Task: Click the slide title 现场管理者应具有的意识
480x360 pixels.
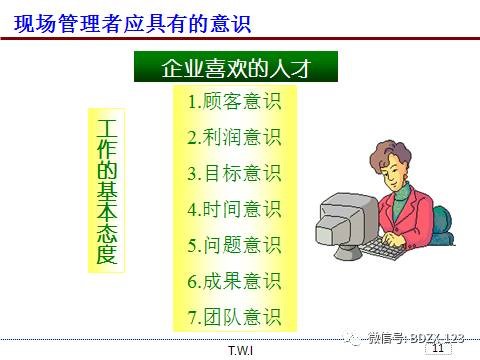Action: click(125, 19)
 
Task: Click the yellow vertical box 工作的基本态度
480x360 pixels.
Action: click(107, 191)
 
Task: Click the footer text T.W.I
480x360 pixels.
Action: click(240, 351)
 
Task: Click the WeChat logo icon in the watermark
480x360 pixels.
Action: click(355, 338)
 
